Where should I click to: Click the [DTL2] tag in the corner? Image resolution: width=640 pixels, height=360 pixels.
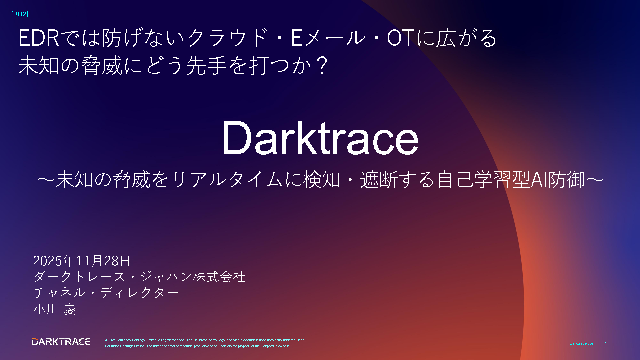tap(20, 14)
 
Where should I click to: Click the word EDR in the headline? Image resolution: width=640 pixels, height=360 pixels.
tap(39, 38)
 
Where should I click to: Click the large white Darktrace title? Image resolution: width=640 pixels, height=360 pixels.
tap(320, 138)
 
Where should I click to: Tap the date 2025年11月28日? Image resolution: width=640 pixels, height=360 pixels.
tap(82, 261)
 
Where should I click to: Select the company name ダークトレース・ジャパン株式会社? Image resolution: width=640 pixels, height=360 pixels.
tap(139, 277)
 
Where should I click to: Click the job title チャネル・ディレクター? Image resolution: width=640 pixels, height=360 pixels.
tap(106, 293)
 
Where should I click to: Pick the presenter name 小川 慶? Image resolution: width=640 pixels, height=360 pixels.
tap(55, 309)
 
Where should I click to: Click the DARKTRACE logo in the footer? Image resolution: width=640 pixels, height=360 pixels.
tap(61, 342)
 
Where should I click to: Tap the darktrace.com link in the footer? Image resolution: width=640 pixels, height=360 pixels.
tap(582, 343)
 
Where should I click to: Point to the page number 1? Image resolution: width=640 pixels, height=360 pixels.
tap(606, 343)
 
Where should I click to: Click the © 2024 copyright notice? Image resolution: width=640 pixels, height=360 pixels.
tap(204, 343)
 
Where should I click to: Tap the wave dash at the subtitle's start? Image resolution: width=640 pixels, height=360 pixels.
tap(46, 180)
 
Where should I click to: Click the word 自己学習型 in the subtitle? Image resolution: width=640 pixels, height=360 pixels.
tap(483, 180)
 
